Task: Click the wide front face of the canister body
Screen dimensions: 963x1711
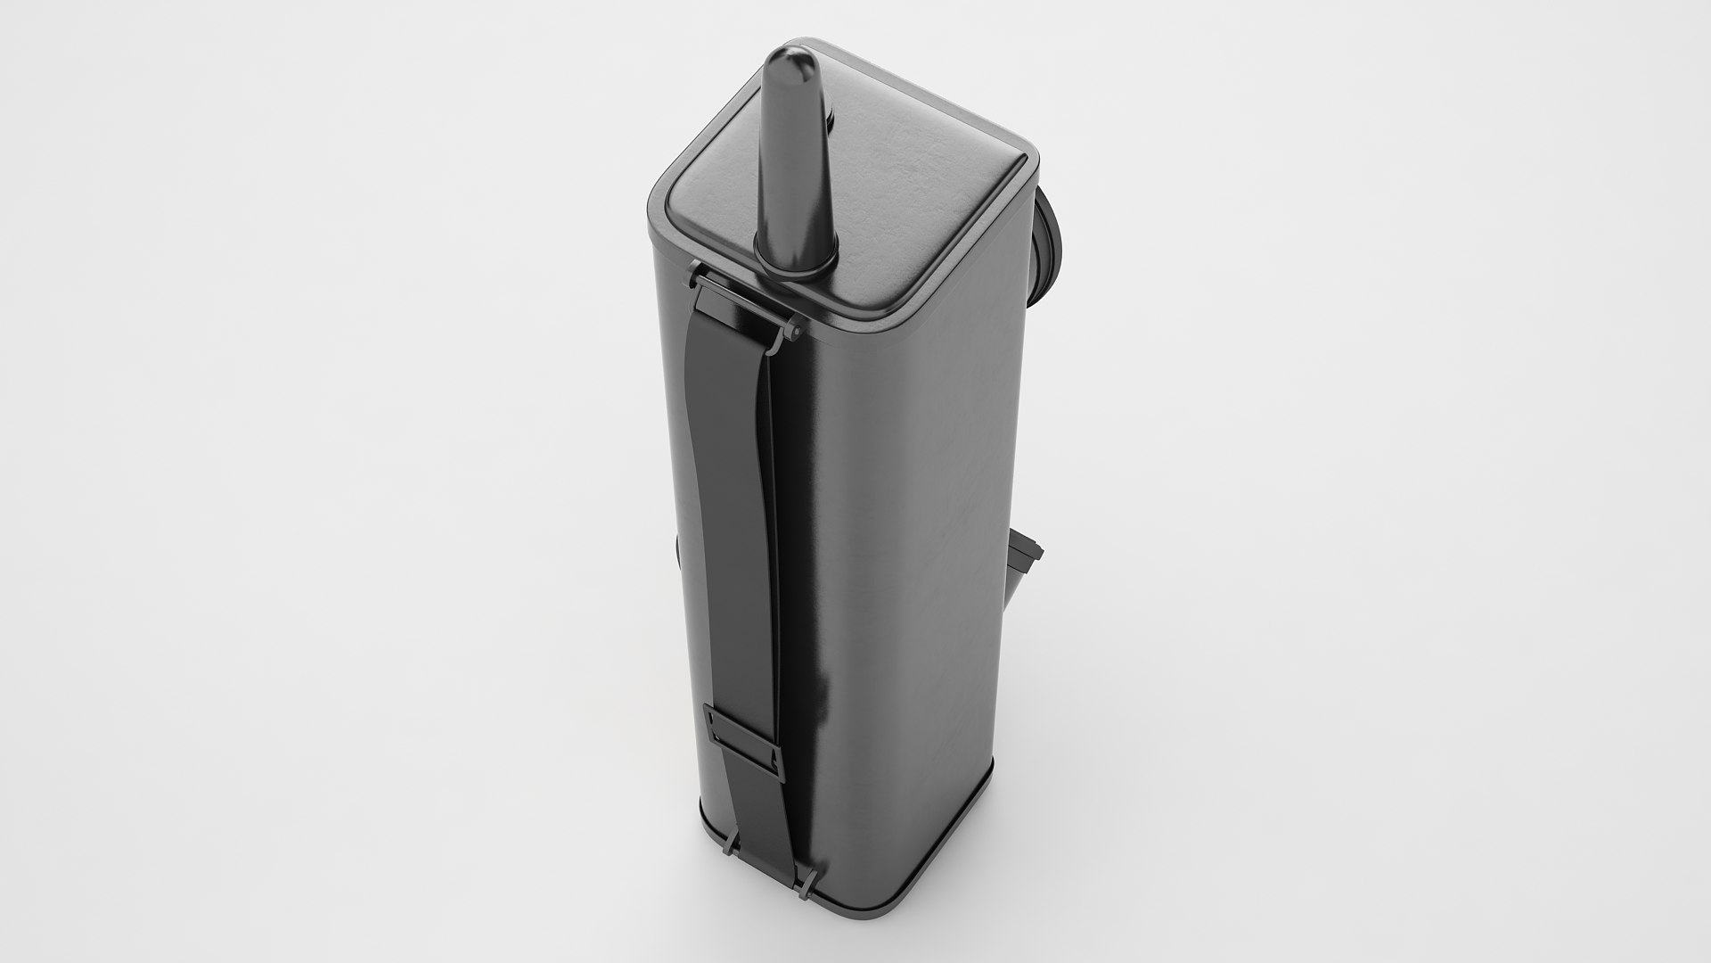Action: click(900, 580)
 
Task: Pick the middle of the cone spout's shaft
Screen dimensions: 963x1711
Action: click(796, 160)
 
